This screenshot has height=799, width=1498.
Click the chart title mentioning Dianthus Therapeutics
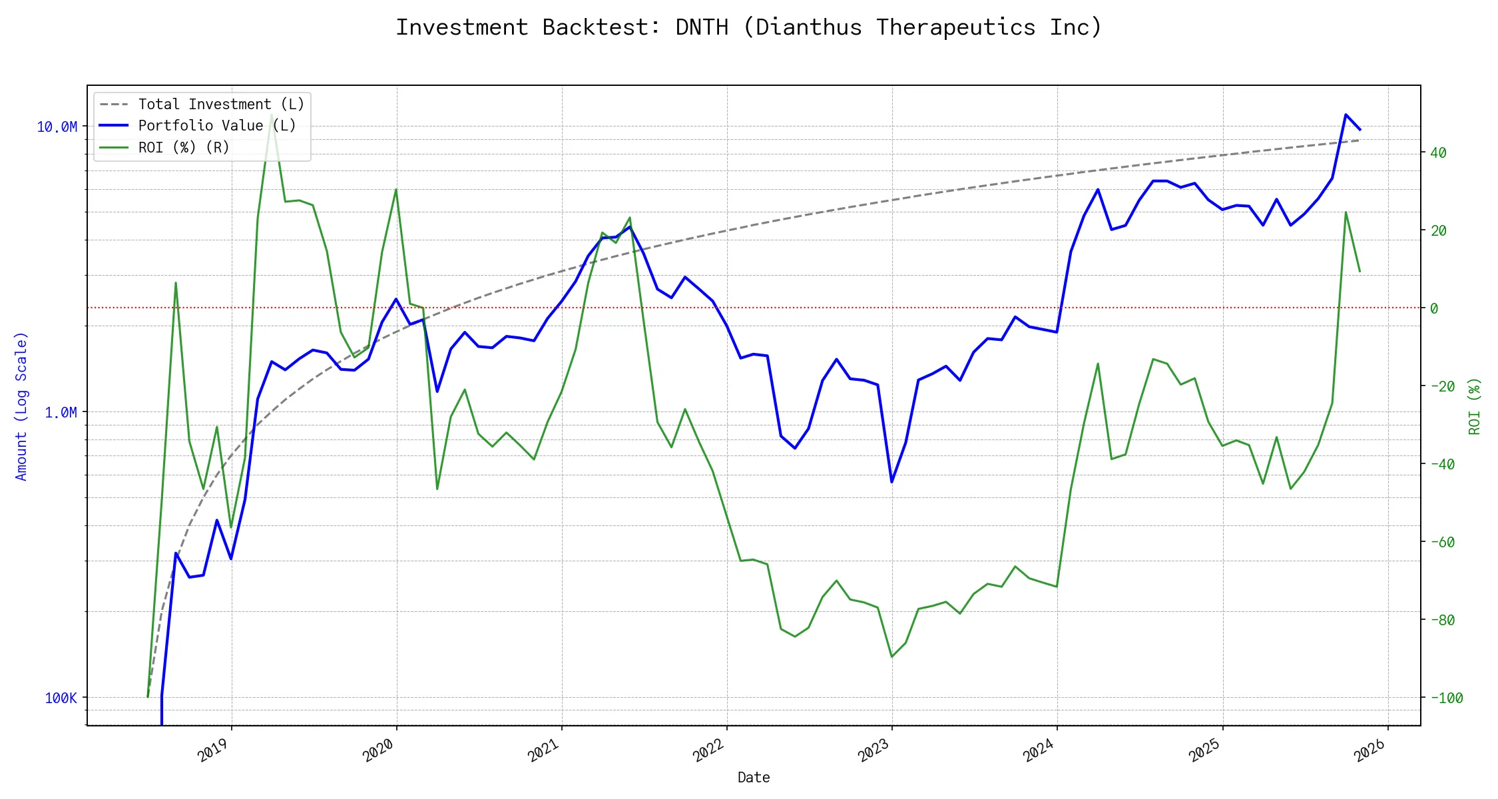tap(748, 27)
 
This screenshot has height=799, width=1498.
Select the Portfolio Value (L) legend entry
tap(217, 126)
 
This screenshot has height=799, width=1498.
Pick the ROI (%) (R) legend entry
tap(184, 147)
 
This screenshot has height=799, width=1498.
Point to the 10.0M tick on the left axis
tap(57, 127)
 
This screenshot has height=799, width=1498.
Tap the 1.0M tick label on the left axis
tap(61, 413)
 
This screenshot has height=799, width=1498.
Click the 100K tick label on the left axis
tap(61, 698)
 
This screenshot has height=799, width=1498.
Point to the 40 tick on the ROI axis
tap(1438, 152)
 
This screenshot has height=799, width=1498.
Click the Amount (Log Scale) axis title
tap(21, 406)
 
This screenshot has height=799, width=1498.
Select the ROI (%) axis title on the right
tap(1475, 406)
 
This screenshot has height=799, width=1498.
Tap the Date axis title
tap(754, 777)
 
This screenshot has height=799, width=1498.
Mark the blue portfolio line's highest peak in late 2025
tap(1346, 115)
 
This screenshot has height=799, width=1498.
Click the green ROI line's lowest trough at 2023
tap(891, 657)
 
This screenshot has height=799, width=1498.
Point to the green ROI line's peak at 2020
tap(396, 189)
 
